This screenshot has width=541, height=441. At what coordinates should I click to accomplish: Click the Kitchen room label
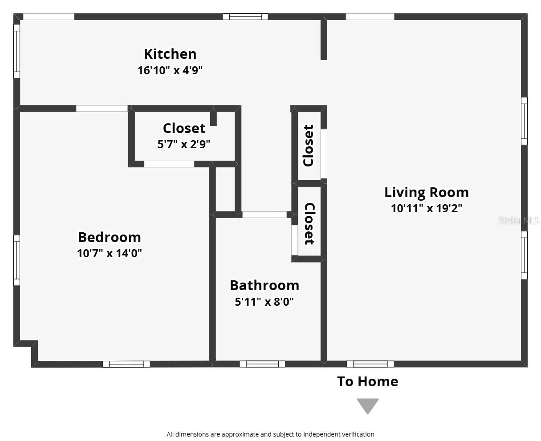tap(170, 54)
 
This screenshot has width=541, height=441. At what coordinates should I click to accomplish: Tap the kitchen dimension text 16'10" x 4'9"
tap(170, 70)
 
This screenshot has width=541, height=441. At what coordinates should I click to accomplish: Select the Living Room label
tap(426, 192)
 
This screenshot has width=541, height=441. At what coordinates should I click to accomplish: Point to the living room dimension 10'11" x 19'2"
tap(426, 208)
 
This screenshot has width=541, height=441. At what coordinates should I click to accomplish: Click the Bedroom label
tap(109, 237)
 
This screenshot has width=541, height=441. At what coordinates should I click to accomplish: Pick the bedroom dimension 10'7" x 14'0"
tap(109, 253)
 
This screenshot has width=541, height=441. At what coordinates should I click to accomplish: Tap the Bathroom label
tap(264, 285)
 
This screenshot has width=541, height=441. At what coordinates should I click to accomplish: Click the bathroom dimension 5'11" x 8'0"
tap(264, 302)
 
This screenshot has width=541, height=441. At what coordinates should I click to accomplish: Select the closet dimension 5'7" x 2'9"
tap(183, 144)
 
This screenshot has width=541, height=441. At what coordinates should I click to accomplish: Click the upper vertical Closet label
tap(308, 146)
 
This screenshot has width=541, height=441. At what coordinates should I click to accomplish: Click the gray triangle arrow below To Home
tap(367, 405)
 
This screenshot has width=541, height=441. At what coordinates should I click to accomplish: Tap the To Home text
tap(367, 381)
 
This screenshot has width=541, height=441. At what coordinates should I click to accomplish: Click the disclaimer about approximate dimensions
tap(270, 434)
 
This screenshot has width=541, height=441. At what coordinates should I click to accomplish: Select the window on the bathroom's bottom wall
tap(262, 364)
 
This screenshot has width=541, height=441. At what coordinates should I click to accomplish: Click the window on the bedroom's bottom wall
tap(126, 364)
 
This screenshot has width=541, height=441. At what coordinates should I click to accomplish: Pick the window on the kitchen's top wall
tap(245, 17)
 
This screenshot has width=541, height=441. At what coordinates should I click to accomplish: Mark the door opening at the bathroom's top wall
tap(264, 214)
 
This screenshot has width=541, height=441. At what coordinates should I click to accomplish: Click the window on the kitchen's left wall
tap(16, 51)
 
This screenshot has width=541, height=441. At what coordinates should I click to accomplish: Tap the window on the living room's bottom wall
tap(370, 364)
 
